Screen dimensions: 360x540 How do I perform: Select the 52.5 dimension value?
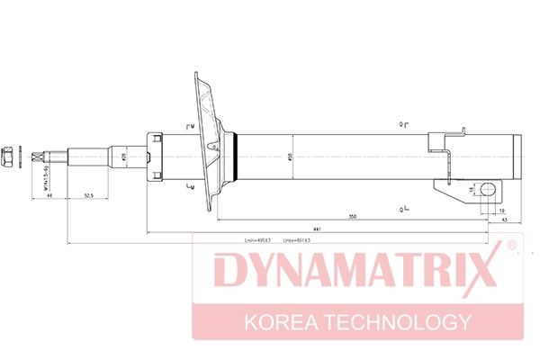pyautogui.click(x=89, y=195)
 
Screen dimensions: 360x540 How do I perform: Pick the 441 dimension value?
pyautogui.click(x=310, y=230)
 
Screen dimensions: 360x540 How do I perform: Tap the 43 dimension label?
pyautogui.click(x=504, y=220)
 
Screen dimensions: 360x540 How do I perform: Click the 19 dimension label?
pyautogui.click(x=500, y=209)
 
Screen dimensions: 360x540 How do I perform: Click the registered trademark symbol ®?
pyautogui.click(x=511, y=245)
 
